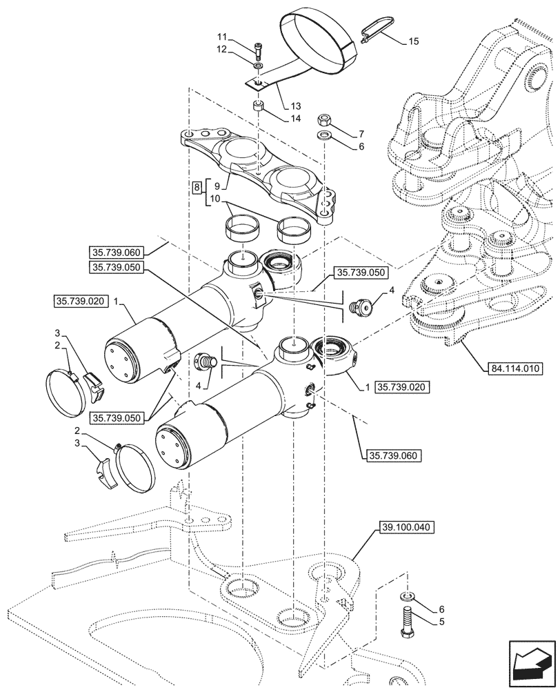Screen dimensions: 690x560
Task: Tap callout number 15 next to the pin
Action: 413,42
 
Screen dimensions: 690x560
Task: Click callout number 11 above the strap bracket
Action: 221,36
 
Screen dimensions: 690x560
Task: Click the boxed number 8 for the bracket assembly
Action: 197,187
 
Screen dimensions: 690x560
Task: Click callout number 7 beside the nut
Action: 361,132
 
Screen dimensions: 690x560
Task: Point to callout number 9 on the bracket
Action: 218,186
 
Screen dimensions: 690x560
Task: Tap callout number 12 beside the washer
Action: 221,49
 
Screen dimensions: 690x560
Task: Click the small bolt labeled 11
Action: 258,49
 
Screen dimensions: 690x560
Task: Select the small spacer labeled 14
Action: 259,106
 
